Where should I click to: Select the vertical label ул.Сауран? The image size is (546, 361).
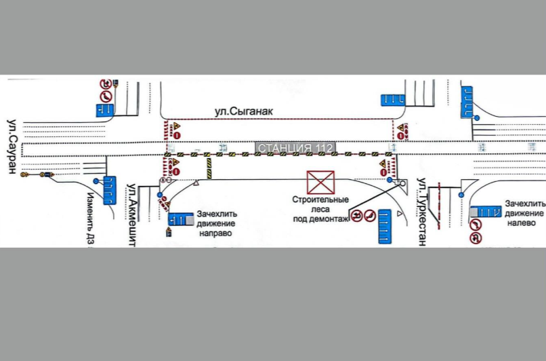pyautogui.click(x=12, y=146)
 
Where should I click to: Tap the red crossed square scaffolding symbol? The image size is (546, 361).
pyautogui.click(x=320, y=182)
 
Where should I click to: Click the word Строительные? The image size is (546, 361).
pyautogui.click(x=320, y=200)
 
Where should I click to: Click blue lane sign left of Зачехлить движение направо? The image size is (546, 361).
pyautogui.click(x=181, y=220)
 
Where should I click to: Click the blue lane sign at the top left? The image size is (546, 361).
pyautogui.click(x=106, y=108)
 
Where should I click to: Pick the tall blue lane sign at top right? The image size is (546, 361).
pyautogui.click(x=467, y=102)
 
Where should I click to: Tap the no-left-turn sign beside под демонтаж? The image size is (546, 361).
pyautogui.click(x=357, y=217)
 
